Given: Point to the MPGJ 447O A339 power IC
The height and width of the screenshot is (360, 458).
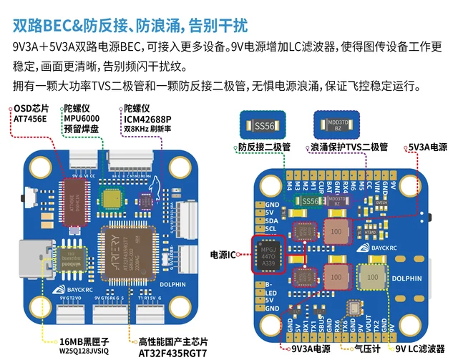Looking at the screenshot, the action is tap(267, 253).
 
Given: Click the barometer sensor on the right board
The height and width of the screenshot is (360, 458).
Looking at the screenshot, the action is tap(353, 308).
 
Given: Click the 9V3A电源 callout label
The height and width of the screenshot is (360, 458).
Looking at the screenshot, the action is tap(310, 349).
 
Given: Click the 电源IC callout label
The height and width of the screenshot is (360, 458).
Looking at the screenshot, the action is tap(224, 254).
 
